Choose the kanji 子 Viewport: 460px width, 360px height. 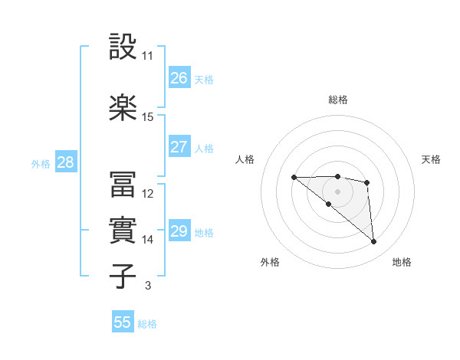pos(123,276)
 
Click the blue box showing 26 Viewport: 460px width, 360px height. pos(179,78)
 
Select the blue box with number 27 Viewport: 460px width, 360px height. pos(179,147)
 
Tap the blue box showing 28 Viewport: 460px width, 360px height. pos(65,162)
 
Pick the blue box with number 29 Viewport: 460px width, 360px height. pos(179,231)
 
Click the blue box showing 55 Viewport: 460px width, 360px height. pos(123,322)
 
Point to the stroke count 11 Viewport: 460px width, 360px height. pos(147,56)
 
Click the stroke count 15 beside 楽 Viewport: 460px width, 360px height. pos(147,117)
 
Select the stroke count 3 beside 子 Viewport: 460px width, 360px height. pos(147,286)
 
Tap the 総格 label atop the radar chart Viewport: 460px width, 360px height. pos(337,100)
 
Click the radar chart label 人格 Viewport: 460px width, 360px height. pos(245,159)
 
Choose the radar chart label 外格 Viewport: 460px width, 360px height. pos(270,262)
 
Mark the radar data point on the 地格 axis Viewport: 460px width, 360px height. pos(374,242)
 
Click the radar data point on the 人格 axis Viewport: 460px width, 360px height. pos(294,178)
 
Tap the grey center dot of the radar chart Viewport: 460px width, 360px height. pos(337,191)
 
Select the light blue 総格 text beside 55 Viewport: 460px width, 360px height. pos(147,323)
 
